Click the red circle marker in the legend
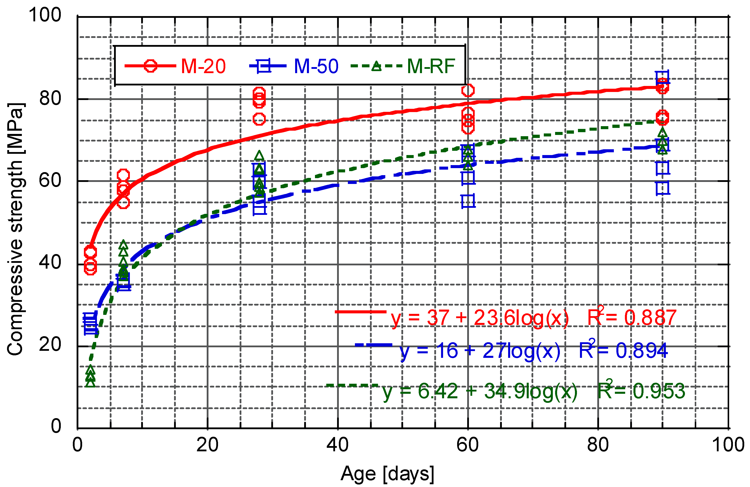point(150,66)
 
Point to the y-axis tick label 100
point(45,15)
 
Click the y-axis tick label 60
point(50,180)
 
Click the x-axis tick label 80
point(598,445)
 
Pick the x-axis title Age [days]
point(387,474)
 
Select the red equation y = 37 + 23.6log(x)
point(480,317)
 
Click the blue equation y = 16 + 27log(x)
point(480,351)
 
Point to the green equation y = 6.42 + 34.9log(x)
point(480,391)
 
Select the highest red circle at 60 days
point(468,90)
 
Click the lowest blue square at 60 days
point(468,201)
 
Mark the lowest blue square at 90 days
point(662,188)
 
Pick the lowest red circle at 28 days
point(259,119)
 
